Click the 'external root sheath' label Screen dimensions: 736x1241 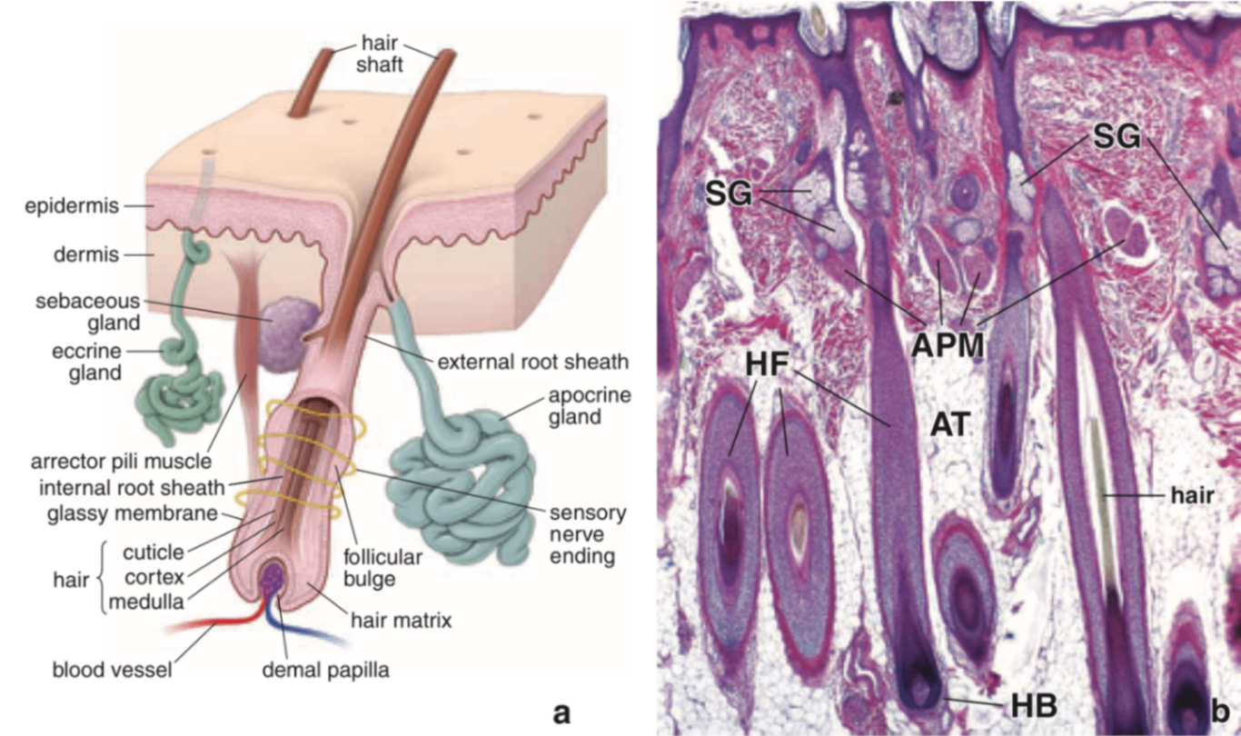point(531,363)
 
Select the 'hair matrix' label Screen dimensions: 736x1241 point(401,622)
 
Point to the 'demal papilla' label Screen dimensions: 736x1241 point(325,671)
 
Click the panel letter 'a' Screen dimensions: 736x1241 point(562,711)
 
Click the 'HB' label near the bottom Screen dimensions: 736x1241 point(1034,705)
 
